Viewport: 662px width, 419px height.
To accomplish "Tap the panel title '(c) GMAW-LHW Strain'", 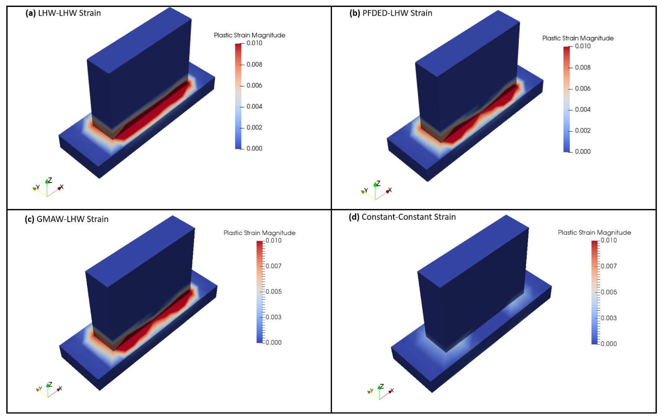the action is click(67, 219).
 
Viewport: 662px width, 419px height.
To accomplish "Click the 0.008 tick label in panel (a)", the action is click(254, 64).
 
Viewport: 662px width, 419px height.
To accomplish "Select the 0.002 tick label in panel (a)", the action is click(254, 127).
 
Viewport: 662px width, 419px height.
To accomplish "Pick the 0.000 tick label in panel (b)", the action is click(583, 151).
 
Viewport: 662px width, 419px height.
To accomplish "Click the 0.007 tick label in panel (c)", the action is click(274, 266).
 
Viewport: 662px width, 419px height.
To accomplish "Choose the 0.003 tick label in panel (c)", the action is click(274, 317).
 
